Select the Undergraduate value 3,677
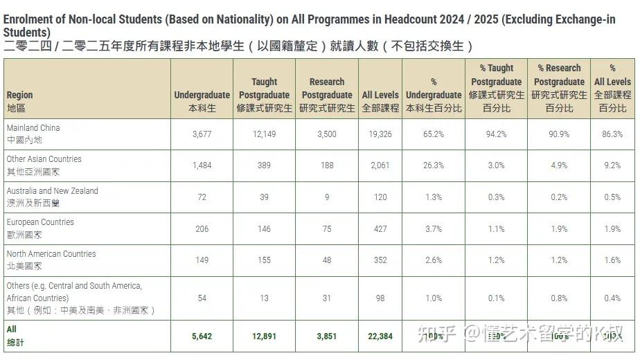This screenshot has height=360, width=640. [x=202, y=134]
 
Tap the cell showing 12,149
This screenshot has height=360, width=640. [x=264, y=134]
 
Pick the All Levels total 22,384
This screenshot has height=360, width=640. [x=380, y=336]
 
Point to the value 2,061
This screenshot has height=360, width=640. [x=380, y=165]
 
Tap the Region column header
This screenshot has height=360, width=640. [x=19, y=101]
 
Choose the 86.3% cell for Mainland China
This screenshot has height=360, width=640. [x=612, y=134]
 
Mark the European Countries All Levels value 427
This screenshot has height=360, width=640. [x=380, y=229]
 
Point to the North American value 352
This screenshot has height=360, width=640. [x=380, y=261]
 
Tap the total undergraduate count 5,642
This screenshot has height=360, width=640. [x=202, y=336]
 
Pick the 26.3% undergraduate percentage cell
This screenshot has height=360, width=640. [x=434, y=165]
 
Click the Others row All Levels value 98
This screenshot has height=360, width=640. [x=380, y=298]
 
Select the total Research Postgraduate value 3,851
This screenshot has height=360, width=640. [x=327, y=336]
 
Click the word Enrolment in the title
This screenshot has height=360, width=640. [x=27, y=19]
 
